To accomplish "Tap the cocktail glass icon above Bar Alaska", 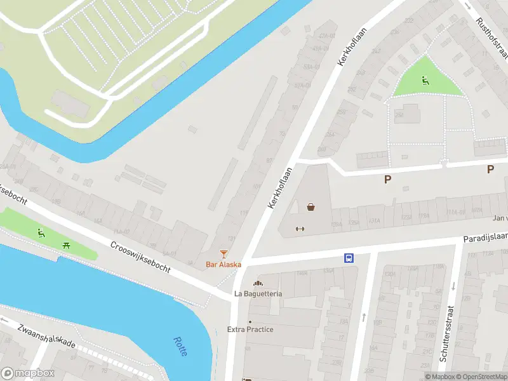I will pyautogui.click(x=223, y=254).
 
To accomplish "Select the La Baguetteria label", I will pyautogui.click(x=258, y=293).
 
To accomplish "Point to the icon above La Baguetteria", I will pyautogui.click(x=258, y=283).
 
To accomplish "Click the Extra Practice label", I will pyautogui.click(x=250, y=330).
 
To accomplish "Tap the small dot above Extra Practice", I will pyautogui.click(x=250, y=321).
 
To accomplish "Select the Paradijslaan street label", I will pyautogui.click(x=485, y=237).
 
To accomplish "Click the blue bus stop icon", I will pyautogui.click(x=349, y=258).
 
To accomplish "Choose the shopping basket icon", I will pyautogui.click(x=311, y=206).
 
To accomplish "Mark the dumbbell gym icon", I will pyautogui.click(x=300, y=229).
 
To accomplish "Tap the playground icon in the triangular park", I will pyautogui.click(x=425, y=80).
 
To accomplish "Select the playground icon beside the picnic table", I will pyautogui.click(x=41, y=232).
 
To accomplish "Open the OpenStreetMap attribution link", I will pyautogui.click(x=479, y=377).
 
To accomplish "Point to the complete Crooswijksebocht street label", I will pyautogui.click(x=140, y=258).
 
